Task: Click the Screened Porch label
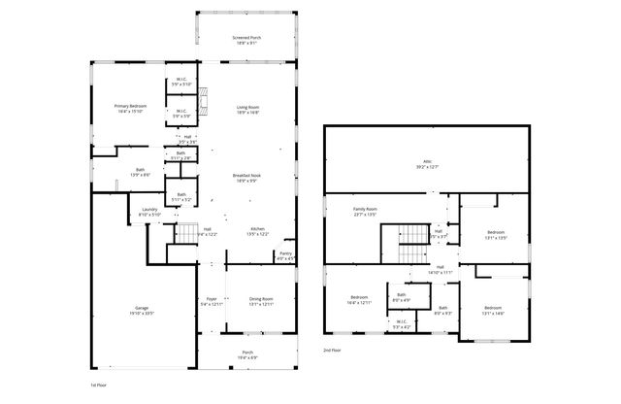[x=247, y=40]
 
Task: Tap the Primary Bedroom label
[x=129, y=109]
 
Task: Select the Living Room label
[x=247, y=110]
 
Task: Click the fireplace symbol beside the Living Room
[x=202, y=97]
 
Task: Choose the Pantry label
[x=285, y=255]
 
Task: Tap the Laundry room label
[x=149, y=212]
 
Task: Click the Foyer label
[x=211, y=301]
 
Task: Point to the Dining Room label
[x=261, y=301]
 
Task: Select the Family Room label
[x=364, y=211]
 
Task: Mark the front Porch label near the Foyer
[x=247, y=355]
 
